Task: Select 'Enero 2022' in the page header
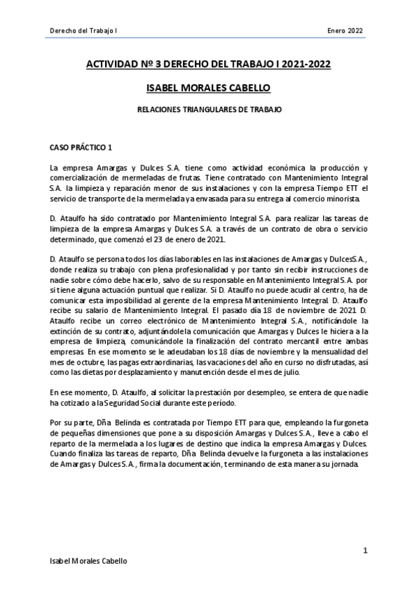coord(345,30)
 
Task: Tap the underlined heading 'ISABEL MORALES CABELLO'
coord(207,88)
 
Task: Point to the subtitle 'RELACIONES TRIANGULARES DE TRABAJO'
coord(207,109)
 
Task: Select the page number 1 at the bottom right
coord(365,551)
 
